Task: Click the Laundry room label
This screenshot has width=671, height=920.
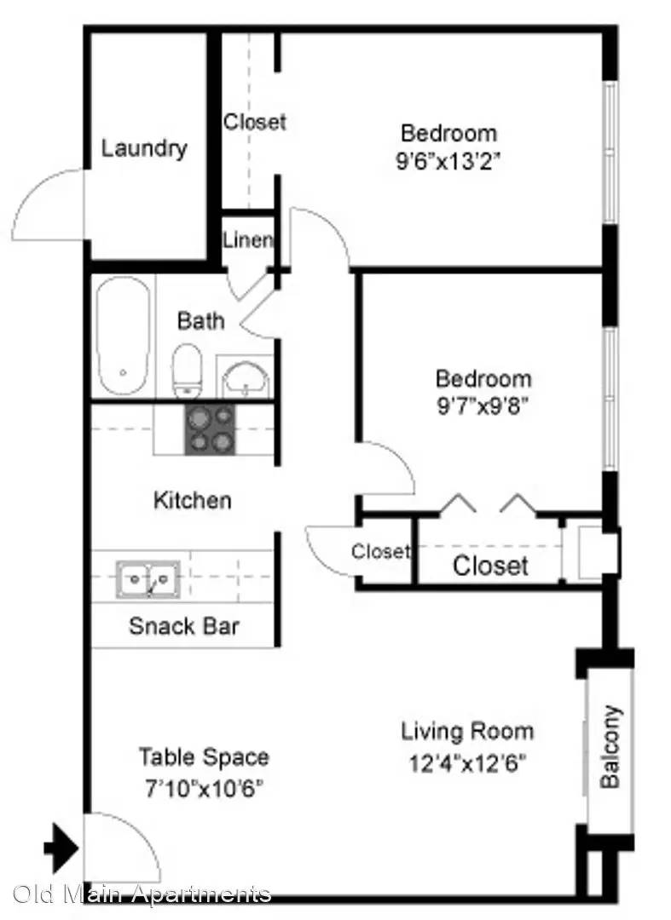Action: tap(144, 148)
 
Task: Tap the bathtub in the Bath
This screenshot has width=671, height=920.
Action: tap(122, 336)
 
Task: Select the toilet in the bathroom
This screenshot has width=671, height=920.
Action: tap(188, 371)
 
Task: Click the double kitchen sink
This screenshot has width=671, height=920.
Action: tap(148, 579)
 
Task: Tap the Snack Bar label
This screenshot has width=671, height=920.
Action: tap(184, 626)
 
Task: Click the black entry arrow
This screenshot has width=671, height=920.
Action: tap(61, 848)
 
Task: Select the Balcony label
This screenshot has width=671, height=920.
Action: tap(610, 746)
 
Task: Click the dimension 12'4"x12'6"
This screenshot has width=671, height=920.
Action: tap(467, 764)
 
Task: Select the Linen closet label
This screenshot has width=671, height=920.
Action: tap(248, 239)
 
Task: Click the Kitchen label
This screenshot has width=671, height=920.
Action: tap(193, 501)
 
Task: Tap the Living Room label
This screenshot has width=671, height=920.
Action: tap(467, 732)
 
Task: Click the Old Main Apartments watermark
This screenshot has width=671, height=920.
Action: tap(142, 894)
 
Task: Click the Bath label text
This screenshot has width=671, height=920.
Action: tap(200, 321)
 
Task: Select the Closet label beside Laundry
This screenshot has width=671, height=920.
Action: tap(255, 122)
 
